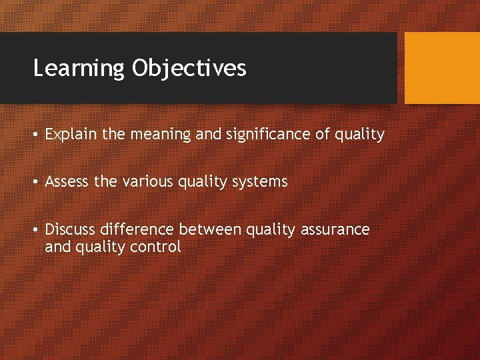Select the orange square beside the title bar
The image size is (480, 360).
[x=442, y=68]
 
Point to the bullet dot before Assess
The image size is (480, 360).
[x=37, y=182]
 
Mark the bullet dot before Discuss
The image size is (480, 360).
[x=37, y=230]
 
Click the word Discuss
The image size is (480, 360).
[x=70, y=230]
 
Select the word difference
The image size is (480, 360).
[x=137, y=230]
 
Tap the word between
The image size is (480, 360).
[x=211, y=230]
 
